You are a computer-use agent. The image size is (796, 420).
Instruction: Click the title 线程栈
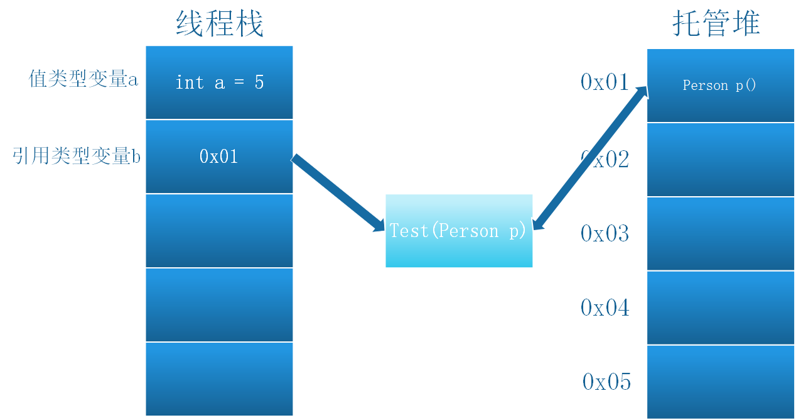pyautogui.click(x=219, y=25)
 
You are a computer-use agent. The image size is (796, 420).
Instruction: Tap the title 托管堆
pyautogui.click(x=716, y=25)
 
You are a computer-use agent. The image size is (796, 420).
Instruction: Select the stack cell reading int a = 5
pyautogui.click(x=219, y=82)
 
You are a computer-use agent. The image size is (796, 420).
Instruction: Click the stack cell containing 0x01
pyautogui.click(x=219, y=157)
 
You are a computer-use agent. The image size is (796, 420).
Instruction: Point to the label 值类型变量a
pyautogui.click(x=83, y=79)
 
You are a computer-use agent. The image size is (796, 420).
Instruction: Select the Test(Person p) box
pyautogui.click(x=458, y=231)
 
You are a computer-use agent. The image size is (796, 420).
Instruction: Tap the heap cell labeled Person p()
pyautogui.click(x=719, y=86)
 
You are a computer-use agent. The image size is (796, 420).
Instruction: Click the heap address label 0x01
pyautogui.click(x=605, y=82)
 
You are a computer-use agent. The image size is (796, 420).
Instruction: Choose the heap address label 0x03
pyautogui.click(x=605, y=233)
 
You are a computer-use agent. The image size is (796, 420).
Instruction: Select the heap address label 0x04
pyautogui.click(x=605, y=307)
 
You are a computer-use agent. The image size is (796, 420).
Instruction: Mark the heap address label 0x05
pyautogui.click(x=606, y=382)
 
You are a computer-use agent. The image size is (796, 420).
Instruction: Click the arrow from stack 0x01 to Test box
pyautogui.click(x=339, y=193)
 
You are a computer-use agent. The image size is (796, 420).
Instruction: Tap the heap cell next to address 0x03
pyautogui.click(x=719, y=234)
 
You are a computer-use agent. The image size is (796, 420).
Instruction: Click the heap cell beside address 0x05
pyautogui.click(x=719, y=382)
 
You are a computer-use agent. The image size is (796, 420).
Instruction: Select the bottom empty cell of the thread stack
pyautogui.click(x=219, y=379)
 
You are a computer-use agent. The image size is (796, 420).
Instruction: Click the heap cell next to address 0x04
pyautogui.click(x=719, y=308)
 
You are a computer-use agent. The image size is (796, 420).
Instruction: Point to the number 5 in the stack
pyautogui.click(x=259, y=82)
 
